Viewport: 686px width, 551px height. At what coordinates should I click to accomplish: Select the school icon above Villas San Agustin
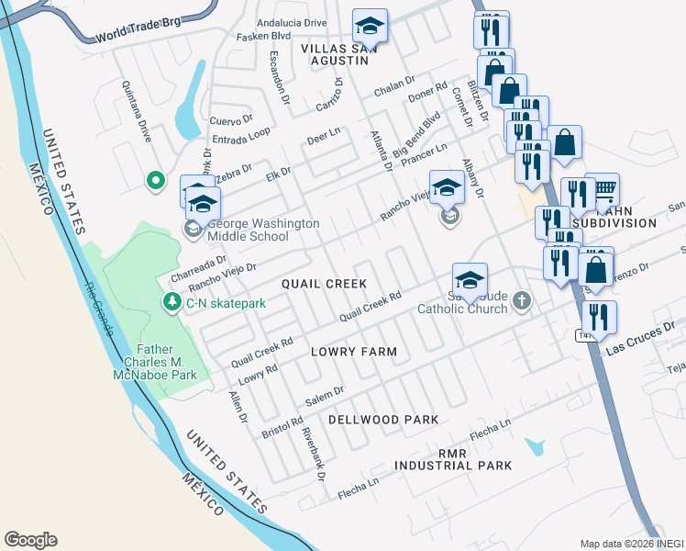point(370,25)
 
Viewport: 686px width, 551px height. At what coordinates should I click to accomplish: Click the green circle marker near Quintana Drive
point(155,180)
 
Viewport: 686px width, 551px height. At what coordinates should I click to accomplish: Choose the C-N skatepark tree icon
point(171,302)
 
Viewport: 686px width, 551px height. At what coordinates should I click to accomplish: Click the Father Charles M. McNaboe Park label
point(166,361)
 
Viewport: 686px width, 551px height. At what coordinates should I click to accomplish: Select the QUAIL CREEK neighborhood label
point(324,285)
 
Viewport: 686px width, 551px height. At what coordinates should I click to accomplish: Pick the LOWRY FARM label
point(353,352)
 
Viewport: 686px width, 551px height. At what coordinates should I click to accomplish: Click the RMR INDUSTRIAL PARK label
point(453,460)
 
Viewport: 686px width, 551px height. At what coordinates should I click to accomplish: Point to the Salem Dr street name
point(325,396)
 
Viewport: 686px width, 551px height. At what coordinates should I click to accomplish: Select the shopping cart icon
point(602,189)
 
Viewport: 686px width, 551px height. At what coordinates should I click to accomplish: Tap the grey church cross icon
point(522,301)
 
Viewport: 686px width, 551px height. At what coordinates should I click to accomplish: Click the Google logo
point(30,540)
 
